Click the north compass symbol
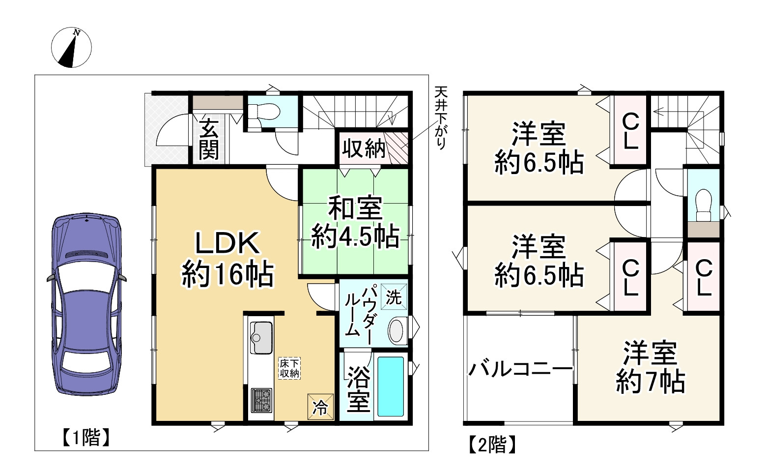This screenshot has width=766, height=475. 71,48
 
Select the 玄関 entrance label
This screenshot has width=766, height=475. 209,140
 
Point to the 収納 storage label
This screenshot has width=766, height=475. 363,148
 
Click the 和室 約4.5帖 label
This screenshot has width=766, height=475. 355,222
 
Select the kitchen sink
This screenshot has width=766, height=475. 261,337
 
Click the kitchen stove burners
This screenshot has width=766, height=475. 261,399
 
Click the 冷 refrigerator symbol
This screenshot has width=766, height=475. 320,407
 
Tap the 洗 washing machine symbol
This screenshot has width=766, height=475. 394,297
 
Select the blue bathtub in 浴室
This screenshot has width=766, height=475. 391,386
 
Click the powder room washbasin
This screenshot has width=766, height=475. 397,331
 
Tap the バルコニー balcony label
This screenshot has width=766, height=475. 520,368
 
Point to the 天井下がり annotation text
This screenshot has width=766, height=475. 441,118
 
